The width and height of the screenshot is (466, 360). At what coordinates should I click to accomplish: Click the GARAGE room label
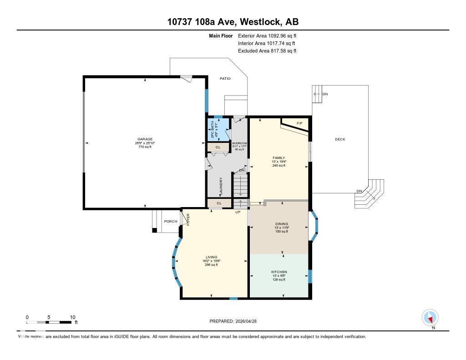pos(145,139)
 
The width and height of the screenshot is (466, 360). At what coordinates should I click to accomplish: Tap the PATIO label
pos(225,79)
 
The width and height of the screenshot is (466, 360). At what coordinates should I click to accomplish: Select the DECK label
pos(339,139)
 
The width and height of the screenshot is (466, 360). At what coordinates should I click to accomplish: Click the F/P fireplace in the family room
pos(299,124)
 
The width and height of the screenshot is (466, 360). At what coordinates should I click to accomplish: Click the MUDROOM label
pos(239,143)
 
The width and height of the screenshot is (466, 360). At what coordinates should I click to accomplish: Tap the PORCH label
pos(170,222)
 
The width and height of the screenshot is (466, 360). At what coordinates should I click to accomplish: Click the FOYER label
pos(187,219)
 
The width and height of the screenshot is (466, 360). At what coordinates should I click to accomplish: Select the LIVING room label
pos(211,257)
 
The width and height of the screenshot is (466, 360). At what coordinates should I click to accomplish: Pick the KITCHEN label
pos(279,272)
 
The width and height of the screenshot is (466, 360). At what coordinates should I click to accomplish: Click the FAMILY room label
pos(279,158)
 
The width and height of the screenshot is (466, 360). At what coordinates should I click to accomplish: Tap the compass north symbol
pos(430,318)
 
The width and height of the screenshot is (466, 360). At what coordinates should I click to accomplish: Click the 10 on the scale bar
pos(72,317)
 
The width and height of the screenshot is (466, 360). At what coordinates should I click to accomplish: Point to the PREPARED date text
pos(236,321)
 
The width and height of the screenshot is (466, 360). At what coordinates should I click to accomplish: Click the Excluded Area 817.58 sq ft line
pos(267,51)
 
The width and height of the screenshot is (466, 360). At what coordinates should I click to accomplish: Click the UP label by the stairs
pos(238,212)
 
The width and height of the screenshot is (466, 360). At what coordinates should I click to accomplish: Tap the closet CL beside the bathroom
pos(218,147)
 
